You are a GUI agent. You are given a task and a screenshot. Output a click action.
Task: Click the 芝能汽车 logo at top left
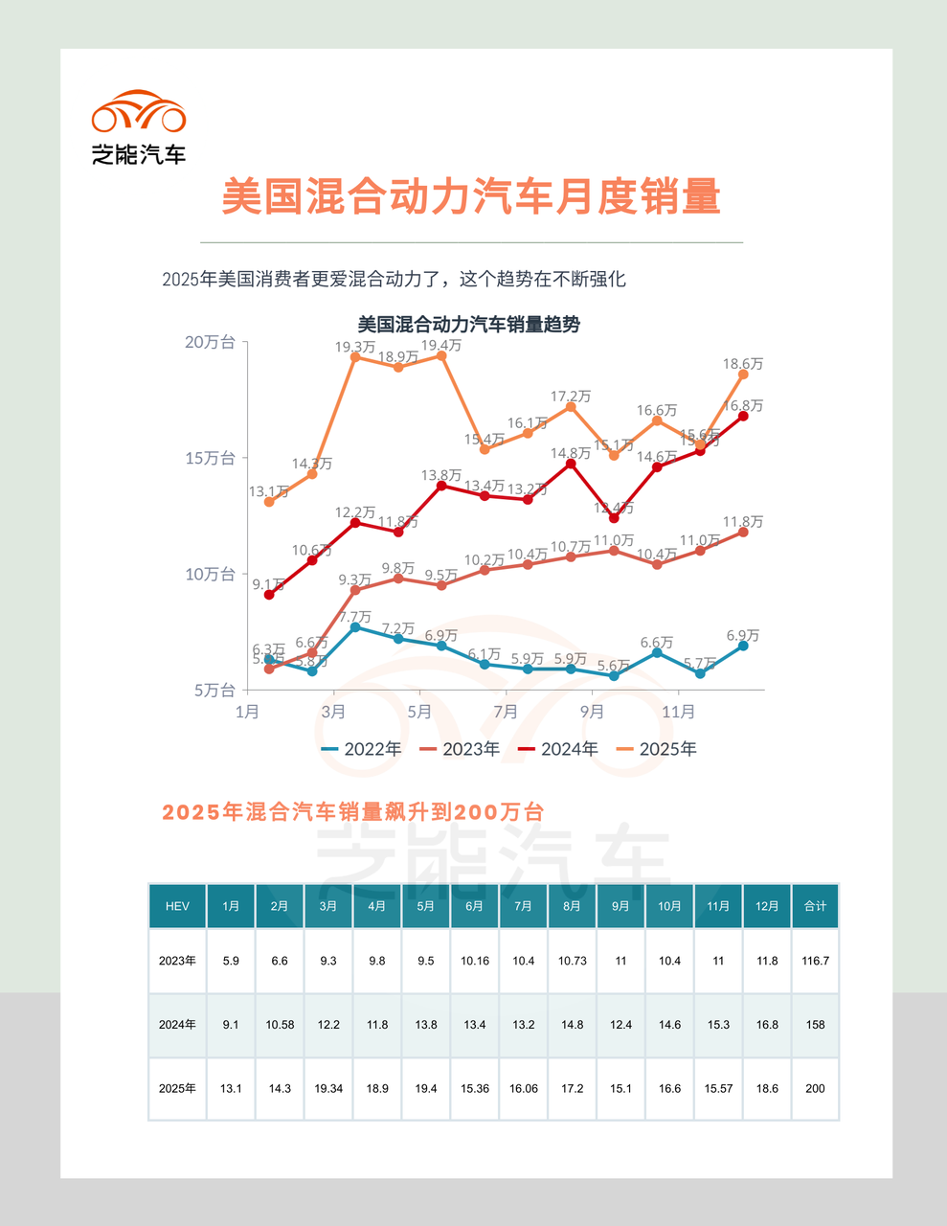point(139,127)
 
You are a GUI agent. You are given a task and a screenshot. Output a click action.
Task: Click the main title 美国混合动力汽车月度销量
point(471,197)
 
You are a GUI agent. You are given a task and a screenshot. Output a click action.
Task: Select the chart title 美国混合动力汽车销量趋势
point(469,325)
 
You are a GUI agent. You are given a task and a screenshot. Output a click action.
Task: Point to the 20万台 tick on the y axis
point(210,343)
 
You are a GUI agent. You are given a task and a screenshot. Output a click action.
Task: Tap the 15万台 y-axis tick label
point(210,458)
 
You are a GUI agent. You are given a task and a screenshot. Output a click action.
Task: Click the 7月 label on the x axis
point(506,712)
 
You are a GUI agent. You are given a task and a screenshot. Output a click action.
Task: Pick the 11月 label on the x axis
point(678,712)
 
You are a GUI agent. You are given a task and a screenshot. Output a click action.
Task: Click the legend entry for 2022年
point(361,749)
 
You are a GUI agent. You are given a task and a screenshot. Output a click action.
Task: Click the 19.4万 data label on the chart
point(441,345)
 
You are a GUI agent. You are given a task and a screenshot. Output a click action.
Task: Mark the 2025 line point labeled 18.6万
point(743,375)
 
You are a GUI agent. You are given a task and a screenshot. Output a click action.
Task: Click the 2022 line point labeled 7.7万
point(355,626)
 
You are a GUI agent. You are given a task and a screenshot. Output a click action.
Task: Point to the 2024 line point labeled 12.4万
point(614,518)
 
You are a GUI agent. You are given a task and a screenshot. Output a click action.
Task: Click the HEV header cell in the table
point(177,906)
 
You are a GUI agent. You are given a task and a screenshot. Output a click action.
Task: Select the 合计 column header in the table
point(815,906)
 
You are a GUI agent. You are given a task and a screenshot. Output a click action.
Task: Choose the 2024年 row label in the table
point(177,1025)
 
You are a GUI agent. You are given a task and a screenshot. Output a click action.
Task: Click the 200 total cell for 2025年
point(815,1089)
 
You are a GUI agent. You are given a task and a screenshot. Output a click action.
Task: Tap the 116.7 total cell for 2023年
point(815,961)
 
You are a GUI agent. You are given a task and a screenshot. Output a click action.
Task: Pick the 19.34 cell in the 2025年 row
point(328,1089)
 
